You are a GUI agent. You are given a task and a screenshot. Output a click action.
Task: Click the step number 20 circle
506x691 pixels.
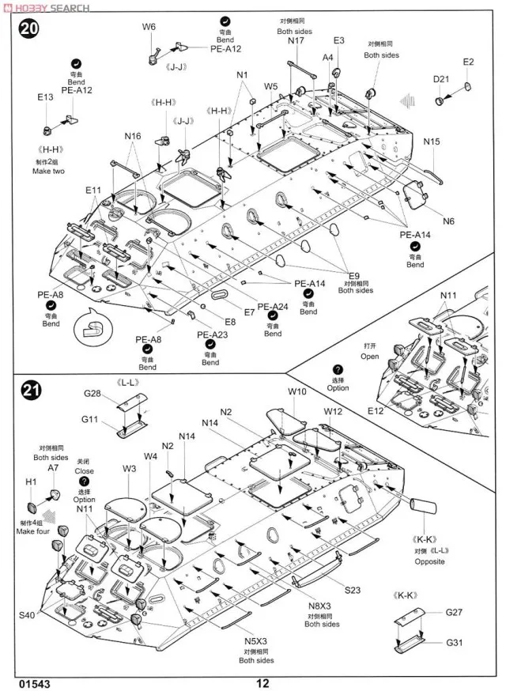coord(29,30)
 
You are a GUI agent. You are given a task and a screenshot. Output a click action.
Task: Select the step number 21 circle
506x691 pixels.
coord(29,391)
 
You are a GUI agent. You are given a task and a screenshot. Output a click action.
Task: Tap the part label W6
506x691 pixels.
coord(149,26)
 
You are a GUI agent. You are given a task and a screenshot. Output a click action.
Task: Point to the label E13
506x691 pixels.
coord(45,97)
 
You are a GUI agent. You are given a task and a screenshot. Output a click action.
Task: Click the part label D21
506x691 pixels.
coord(441,79)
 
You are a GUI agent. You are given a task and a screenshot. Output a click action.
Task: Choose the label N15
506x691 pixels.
coord(431,142)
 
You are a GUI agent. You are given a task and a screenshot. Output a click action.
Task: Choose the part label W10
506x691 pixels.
coord(297,391)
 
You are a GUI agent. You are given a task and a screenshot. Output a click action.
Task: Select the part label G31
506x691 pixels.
coord(454,642)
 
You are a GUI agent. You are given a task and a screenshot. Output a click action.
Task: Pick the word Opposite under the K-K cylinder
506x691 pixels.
coord(429,561)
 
